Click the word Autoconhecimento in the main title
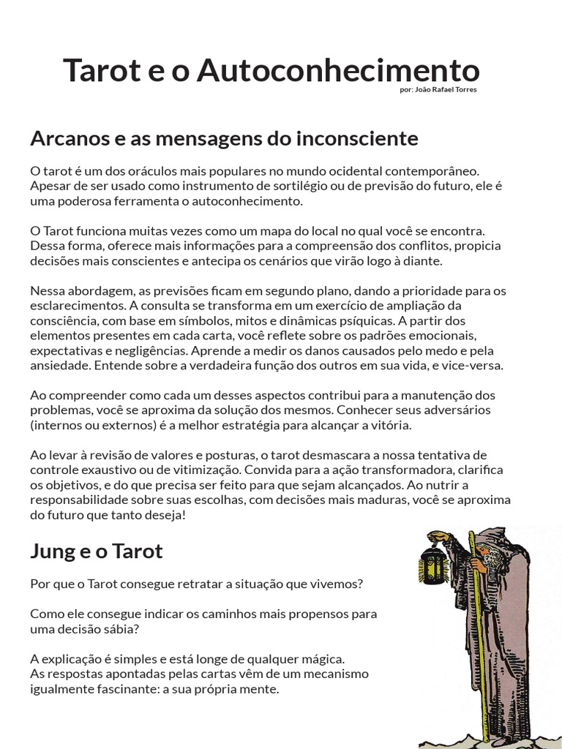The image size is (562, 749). coord(339,71)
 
